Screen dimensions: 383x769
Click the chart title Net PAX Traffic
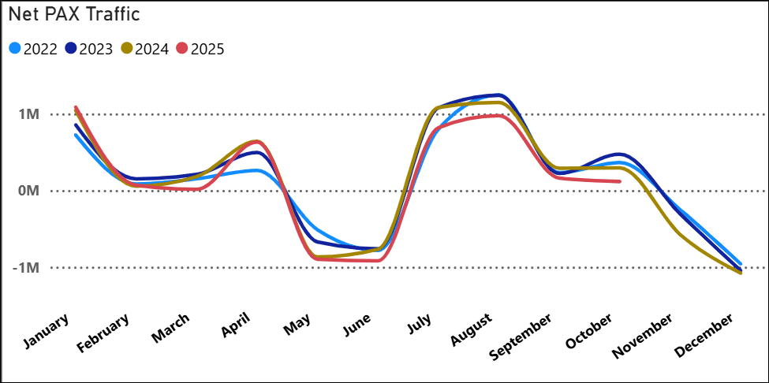tap(74, 15)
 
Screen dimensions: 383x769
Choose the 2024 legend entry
tap(145, 49)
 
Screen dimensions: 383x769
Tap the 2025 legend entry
tap(201, 49)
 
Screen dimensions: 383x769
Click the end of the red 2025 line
tap(619, 181)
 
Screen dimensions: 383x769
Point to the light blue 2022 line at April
tap(256, 170)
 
